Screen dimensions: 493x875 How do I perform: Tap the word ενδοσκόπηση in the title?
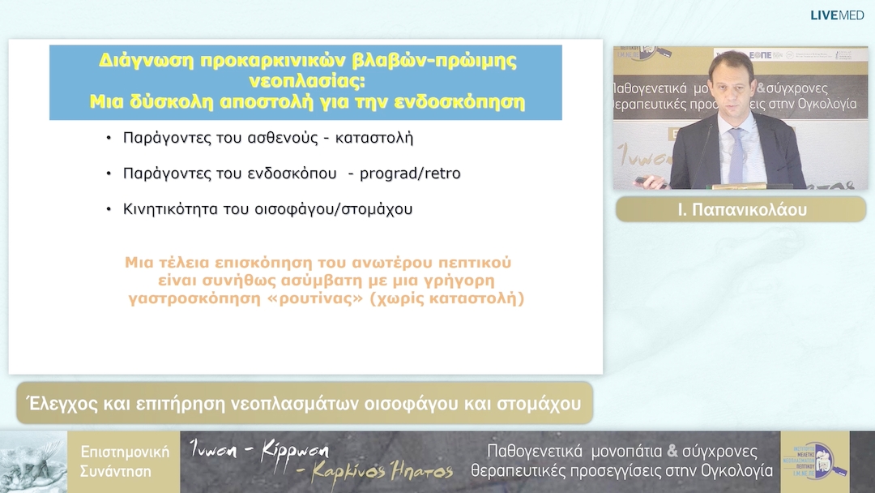(472, 103)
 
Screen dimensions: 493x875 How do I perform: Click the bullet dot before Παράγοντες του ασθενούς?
(109, 138)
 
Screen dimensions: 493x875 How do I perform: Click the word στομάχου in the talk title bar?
(542, 403)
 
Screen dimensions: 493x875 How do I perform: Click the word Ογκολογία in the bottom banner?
(736, 471)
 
